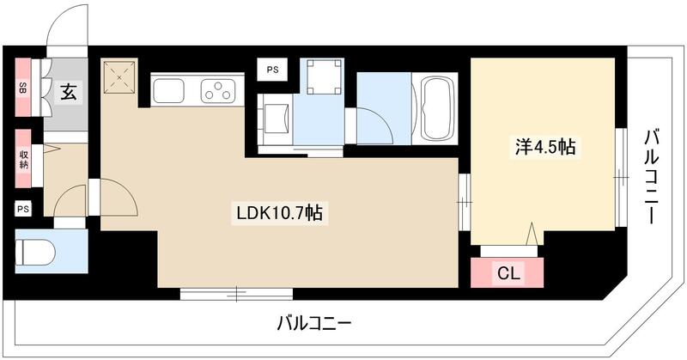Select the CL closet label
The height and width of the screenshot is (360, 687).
(x=508, y=274)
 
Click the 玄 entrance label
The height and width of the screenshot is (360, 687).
(x=67, y=90)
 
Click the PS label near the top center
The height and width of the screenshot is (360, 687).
(x=271, y=70)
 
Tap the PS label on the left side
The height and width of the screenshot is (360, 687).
(x=22, y=209)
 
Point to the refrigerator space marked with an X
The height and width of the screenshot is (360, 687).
(x=119, y=78)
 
